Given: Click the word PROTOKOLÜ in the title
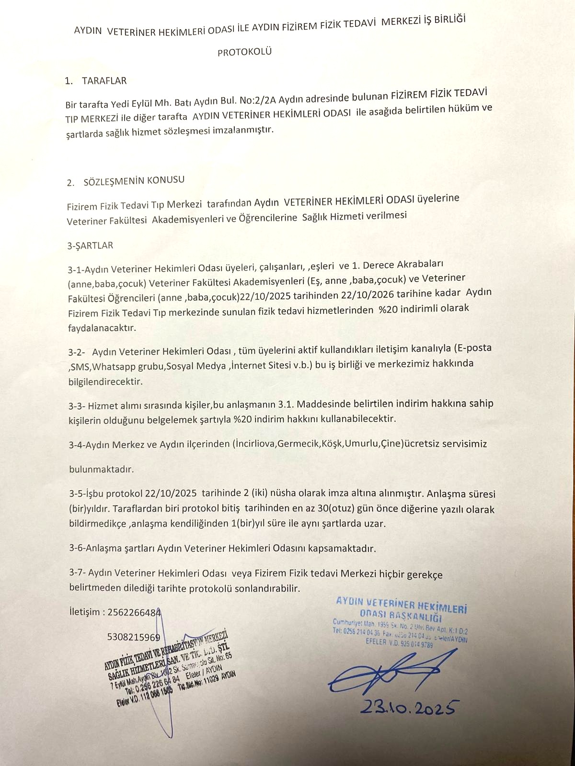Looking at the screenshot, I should [x=244, y=51].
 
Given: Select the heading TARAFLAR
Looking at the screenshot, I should [x=104, y=80].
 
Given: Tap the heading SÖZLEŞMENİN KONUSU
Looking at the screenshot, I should [x=134, y=181].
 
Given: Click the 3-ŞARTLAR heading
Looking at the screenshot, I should [x=90, y=245].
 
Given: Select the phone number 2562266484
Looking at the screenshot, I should [x=134, y=612].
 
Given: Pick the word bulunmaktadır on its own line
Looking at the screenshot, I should [x=102, y=469].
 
